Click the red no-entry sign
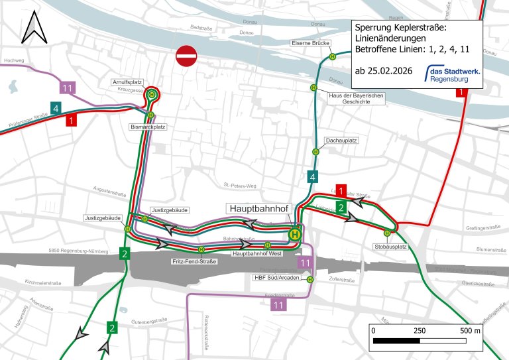(x=186, y=56)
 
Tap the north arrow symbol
(x=32, y=30)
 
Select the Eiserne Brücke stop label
(x=310, y=44)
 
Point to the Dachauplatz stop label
(x=342, y=141)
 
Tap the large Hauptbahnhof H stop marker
(x=294, y=233)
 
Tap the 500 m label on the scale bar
(x=470, y=330)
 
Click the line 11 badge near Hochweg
(x=66, y=88)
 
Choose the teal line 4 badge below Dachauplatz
(x=311, y=176)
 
